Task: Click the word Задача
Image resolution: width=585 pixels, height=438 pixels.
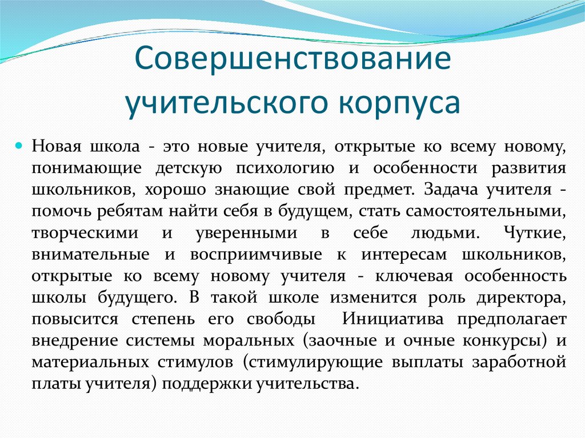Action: coord(442,190)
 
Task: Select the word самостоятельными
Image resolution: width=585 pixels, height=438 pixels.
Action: coord(485,212)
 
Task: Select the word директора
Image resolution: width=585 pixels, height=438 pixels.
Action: coord(519,298)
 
